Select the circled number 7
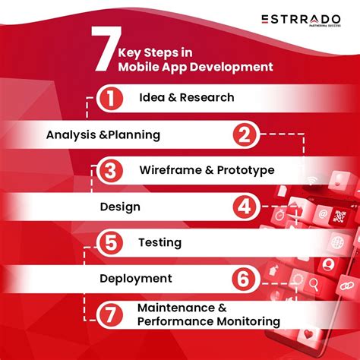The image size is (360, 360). pyautogui.click(x=110, y=314)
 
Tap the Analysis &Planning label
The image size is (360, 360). pyautogui.click(x=103, y=135)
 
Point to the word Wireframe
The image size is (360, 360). pyautogui.click(x=171, y=170)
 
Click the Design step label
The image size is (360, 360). pyautogui.click(x=120, y=207)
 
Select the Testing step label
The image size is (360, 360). pyautogui.click(x=159, y=243)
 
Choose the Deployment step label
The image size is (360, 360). pyautogui.click(x=135, y=279)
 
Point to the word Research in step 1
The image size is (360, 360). pyautogui.click(x=207, y=97)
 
